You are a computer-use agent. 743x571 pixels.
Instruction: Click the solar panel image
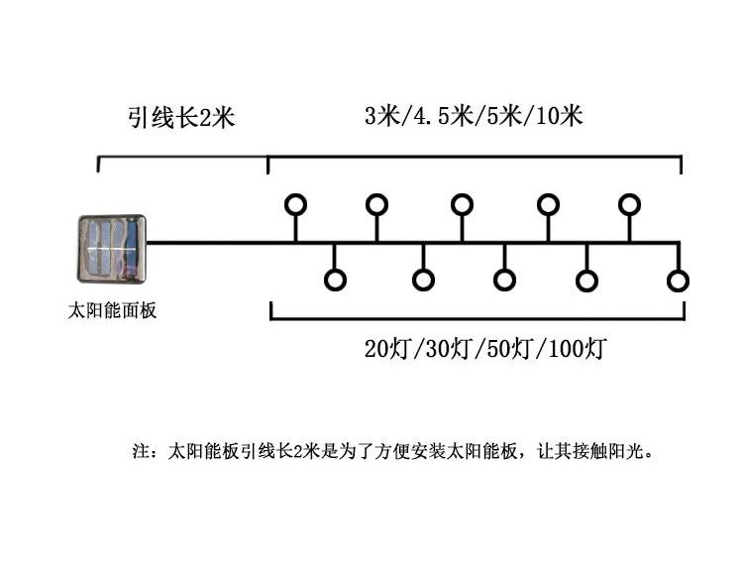pos(111,248)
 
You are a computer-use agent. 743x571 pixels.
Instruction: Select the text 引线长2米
pos(180,119)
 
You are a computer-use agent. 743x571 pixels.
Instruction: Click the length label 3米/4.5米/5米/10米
pos(473,116)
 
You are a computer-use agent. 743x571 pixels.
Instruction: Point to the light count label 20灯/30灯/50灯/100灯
pos(485,349)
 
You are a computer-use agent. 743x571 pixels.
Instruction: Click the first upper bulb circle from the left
pos(295,205)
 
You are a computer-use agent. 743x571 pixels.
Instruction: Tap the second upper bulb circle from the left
pos(376,205)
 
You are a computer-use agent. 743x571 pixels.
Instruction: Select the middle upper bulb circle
pos(462,205)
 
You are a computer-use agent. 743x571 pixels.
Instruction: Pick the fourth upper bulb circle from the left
pos(548,205)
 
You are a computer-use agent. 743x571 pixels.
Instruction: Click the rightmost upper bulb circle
pos(629,205)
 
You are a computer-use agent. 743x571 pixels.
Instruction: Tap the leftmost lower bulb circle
pos(335,281)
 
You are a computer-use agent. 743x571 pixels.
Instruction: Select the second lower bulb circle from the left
pos(423,281)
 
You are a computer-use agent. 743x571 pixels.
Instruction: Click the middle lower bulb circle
pos(505,281)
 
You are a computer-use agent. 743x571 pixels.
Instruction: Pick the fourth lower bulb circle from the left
pos(587,281)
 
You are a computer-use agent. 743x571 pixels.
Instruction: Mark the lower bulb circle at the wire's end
pos(678,281)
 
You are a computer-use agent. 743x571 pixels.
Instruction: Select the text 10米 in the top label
pos(559,116)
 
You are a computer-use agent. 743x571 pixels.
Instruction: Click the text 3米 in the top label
pos(379,116)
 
